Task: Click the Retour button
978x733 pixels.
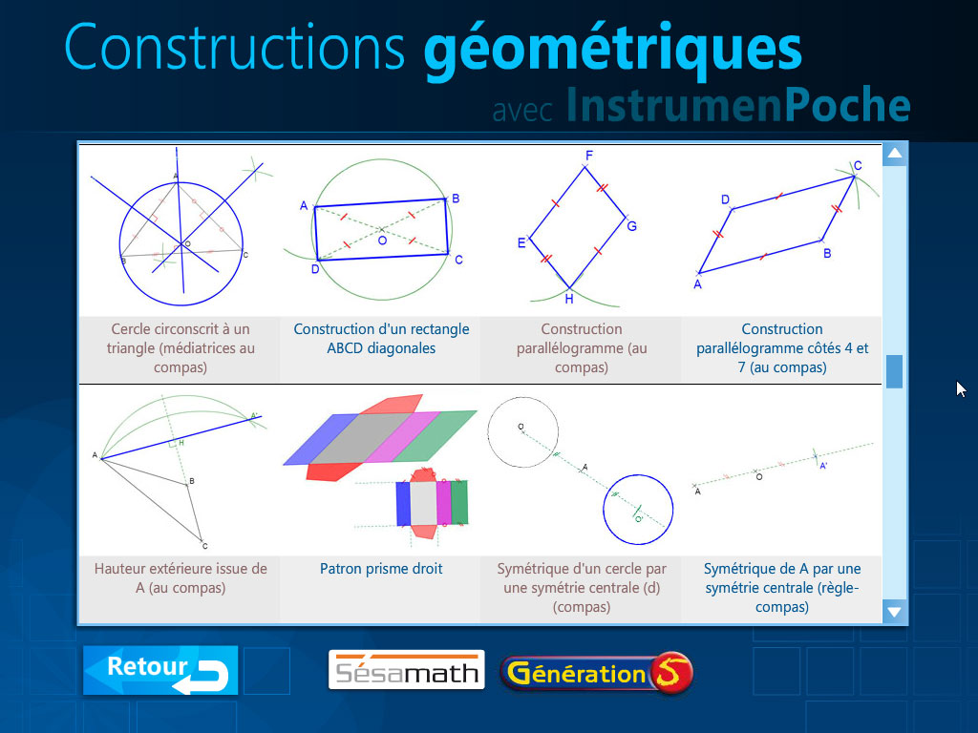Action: [x=159, y=670]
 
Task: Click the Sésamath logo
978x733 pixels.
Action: [x=406, y=670]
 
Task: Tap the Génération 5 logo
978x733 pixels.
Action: [x=596, y=673]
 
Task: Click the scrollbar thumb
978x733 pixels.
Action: [x=894, y=371]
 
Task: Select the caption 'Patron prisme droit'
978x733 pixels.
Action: [x=381, y=569]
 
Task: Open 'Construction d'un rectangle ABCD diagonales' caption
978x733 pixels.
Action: [x=381, y=339]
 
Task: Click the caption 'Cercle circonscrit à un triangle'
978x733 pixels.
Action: [x=181, y=348]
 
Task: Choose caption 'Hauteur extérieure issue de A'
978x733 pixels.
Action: [x=181, y=578]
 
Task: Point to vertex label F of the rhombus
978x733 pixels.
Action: [x=589, y=156]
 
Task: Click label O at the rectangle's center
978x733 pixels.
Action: [x=381, y=241]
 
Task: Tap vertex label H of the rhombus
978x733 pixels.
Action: [x=569, y=299]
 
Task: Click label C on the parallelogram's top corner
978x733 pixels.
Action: [x=858, y=166]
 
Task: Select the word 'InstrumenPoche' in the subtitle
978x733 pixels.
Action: [x=737, y=105]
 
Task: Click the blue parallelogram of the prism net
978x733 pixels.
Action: [x=330, y=435]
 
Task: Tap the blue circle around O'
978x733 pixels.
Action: [x=639, y=508]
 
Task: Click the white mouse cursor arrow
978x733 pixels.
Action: [x=961, y=388]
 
